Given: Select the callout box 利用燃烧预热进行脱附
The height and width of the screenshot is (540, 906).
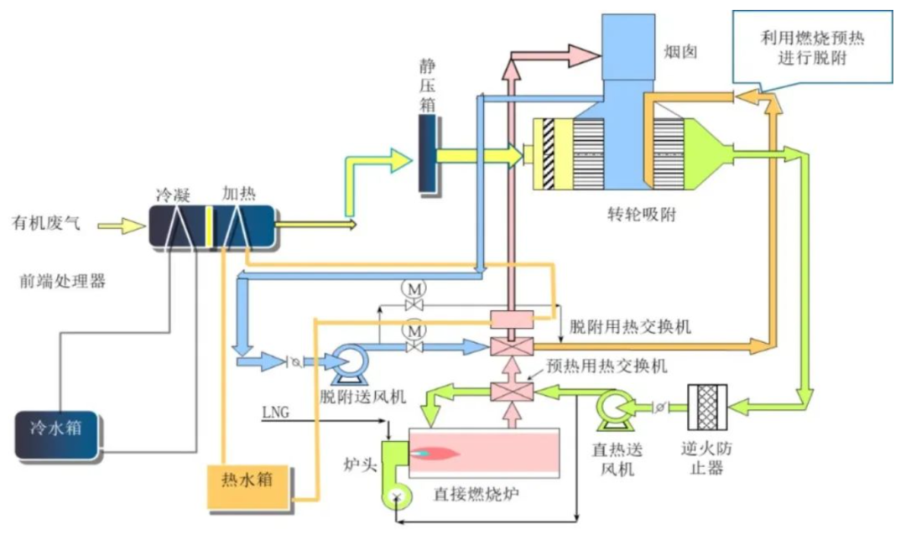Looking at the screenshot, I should click(x=812, y=47).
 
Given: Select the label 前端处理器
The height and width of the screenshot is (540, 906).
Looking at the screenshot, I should click(x=64, y=281).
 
